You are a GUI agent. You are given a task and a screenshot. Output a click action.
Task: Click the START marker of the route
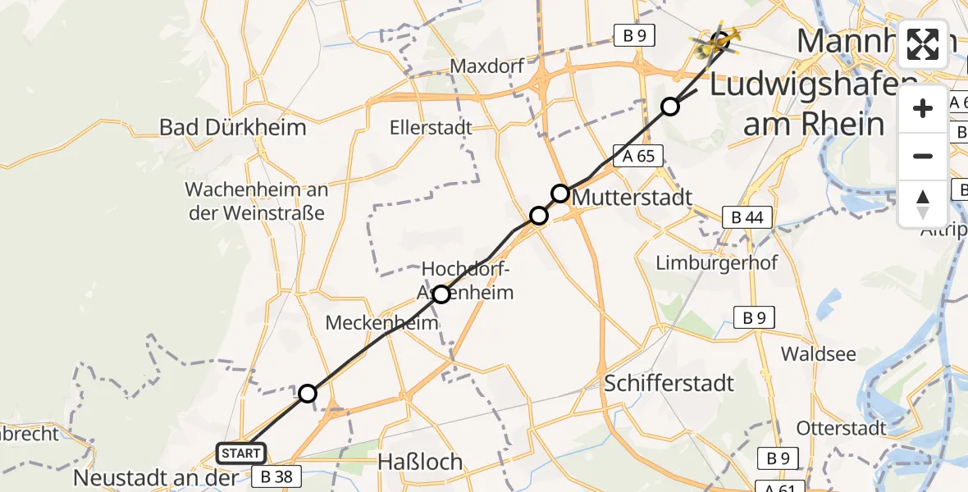241,453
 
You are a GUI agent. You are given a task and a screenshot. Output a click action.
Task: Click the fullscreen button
923,43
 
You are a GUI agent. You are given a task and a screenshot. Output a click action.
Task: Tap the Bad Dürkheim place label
232,127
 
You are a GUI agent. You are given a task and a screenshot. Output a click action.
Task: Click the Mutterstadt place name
632,197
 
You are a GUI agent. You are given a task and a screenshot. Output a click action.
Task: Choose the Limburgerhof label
717,262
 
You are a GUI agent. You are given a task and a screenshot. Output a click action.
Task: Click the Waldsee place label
819,354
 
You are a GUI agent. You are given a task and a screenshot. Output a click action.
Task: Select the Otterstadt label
842,428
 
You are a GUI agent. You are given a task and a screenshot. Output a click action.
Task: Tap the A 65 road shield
638,156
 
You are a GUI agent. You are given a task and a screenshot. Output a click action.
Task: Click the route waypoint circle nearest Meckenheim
441,294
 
